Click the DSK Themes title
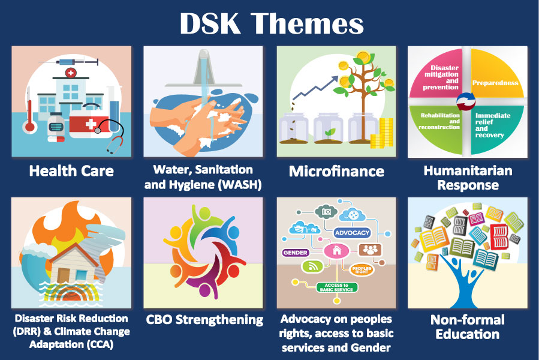pyautogui.click(x=272, y=23)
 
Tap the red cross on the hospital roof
pyautogui.click(x=71, y=73)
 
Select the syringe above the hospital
pyautogui.click(x=70, y=62)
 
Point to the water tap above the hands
pyautogui.click(x=204, y=69)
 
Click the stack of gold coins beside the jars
pyautogui.click(x=383, y=133)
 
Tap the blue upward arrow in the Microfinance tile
pyautogui.click(x=315, y=88)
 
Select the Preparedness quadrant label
pyautogui.click(x=495, y=83)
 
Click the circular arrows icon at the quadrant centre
pyautogui.click(x=466, y=101)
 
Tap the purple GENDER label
pyautogui.click(x=296, y=253)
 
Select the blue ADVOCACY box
pyautogui.click(x=352, y=233)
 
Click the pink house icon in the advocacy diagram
pyautogui.click(x=336, y=250)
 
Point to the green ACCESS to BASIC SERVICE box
pyautogui.click(x=336, y=287)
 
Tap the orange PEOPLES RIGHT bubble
pyautogui.click(x=362, y=269)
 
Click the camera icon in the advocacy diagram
pyautogui.click(x=326, y=211)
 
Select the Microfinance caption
pyautogui.click(x=336, y=171)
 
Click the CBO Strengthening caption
pyautogui.click(x=204, y=320)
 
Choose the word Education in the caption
pyautogui.click(x=468, y=334)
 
